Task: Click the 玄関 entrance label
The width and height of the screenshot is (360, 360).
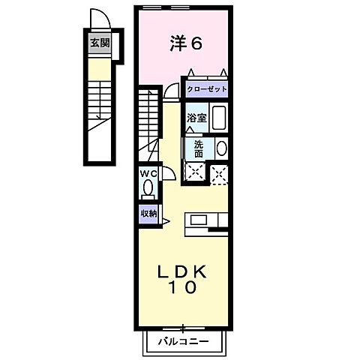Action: pyautogui.click(x=99, y=43)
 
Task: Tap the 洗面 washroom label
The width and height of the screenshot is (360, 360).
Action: pyautogui.click(x=198, y=148)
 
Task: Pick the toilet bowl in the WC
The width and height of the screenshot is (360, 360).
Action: pyautogui.click(x=148, y=187)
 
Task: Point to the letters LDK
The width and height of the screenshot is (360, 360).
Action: pyautogui.click(x=184, y=271)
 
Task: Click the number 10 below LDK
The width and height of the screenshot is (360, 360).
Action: pyautogui.click(x=184, y=286)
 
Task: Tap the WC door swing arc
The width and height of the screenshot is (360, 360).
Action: pyautogui.click(x=167, y=175)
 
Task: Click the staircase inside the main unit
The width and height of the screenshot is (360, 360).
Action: pyautogui.click(x=148, y=116)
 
